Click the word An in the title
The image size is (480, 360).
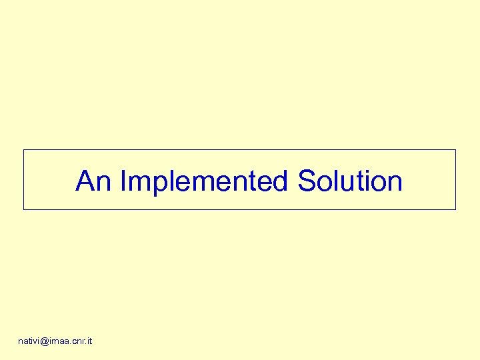click(x=93, y=181)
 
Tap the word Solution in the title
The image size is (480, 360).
click(x=350, y=181)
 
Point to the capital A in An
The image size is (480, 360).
click(x=85, y=181)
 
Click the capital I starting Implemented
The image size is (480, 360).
click(x=123, y=181)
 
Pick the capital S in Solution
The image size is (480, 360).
click(x=307, y=181)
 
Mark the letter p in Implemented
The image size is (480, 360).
click(x=157, y=183)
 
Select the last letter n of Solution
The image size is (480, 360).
click(x=395, y=183)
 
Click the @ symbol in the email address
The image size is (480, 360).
click(x=45, y=341)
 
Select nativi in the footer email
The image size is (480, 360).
click(x=29, y=341)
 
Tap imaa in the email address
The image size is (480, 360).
click(x=60, y=341)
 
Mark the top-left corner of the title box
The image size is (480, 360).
click(x=24, y=150)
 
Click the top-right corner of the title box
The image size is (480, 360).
click(x=455, y=150)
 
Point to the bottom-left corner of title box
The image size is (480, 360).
click(x=24, y=209)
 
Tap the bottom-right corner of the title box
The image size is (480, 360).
click(x=455, y=209)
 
